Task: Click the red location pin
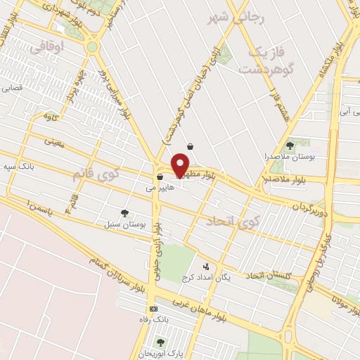tap(181, 165)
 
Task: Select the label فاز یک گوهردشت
tap(264, 61)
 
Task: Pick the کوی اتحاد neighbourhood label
tap(232, 222)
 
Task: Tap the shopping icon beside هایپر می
tap(160, 176)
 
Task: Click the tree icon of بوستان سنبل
tap(124, 212)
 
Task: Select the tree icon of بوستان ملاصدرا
tap(290, 145)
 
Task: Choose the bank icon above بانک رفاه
tap(153, 309)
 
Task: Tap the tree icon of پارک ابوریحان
tap(161, 342)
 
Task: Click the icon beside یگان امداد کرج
tap(206, 266)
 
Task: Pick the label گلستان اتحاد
tap(268, 275)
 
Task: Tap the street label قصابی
tap(15, 89)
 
